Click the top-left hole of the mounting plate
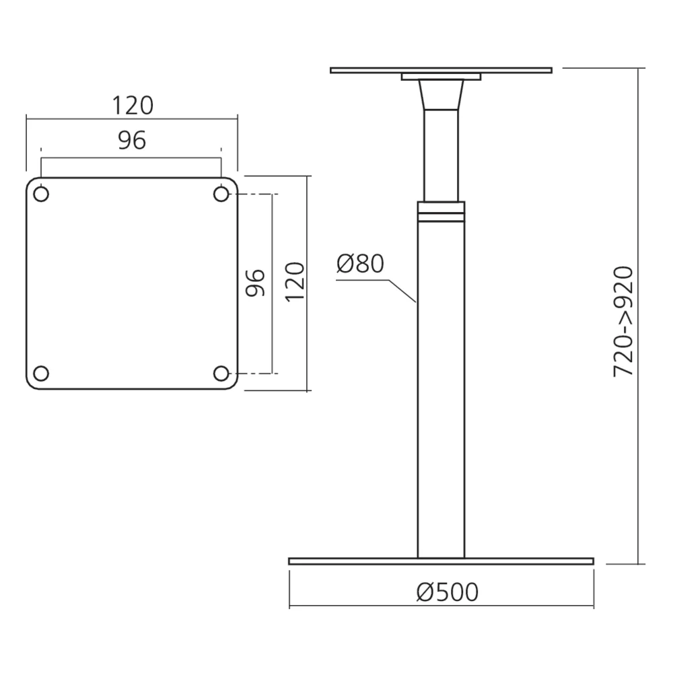40,194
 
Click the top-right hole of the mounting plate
221,194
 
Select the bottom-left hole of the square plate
40,373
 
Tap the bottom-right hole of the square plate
221,373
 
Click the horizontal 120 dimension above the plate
132,106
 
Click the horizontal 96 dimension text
132,140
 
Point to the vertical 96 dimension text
255,283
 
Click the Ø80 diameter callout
360,264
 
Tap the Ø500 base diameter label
447,592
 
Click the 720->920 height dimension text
623,321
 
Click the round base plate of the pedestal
441,561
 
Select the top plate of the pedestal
441,69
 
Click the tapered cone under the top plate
441,94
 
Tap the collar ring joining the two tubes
441,212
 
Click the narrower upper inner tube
441,155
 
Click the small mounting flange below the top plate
441,77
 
